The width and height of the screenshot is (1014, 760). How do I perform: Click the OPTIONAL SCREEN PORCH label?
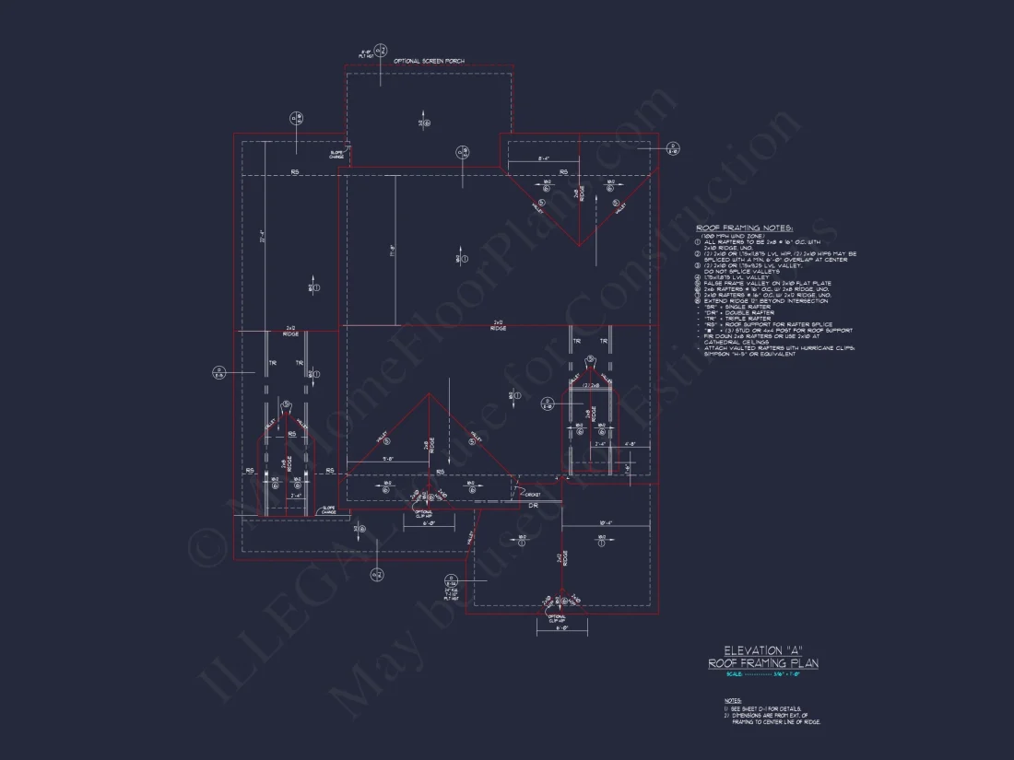[x=429, y=61]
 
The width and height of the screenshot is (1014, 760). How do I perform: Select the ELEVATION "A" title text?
[x=762, y=650]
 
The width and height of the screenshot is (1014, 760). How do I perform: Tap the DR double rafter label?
[x=533, y=505]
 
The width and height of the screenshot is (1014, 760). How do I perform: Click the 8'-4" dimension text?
[x=544, y=159]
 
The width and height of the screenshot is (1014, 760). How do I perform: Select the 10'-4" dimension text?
[x=607, y=522]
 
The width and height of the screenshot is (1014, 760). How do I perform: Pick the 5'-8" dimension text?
[x=388, y=458]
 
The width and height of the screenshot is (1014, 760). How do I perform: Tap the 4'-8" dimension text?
[x=631, y=445]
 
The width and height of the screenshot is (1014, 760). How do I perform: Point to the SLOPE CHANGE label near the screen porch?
[x=336, y=155]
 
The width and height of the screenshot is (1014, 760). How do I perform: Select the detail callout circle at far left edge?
[x=219, y=372]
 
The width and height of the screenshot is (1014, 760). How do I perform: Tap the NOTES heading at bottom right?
[x=733, y=700]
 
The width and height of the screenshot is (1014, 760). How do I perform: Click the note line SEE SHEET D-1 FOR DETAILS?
[x=763, y=708]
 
